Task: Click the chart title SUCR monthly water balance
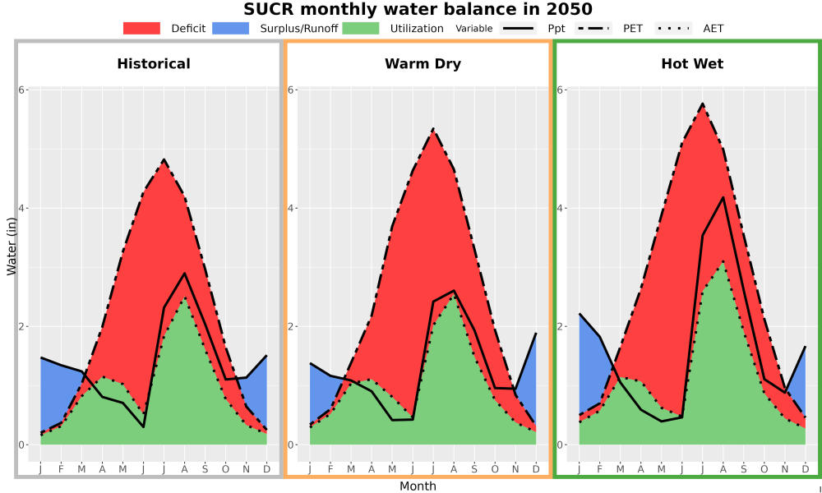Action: coord(418,9)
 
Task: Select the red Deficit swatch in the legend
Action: coord(141,28)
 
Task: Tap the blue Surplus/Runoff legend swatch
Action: coord(231,28)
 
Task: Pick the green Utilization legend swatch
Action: coord(361,28)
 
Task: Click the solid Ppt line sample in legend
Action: coord(518,28)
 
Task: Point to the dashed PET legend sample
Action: coord(593,28)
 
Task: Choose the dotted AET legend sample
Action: coord(674,28)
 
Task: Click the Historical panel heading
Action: coord(154,64)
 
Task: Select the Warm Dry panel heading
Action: coord(423,64)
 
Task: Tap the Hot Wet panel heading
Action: coord(692,64)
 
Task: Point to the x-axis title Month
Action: coord(418,486)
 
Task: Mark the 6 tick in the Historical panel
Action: coord(22,90)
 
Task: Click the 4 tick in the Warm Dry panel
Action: coord(292,208)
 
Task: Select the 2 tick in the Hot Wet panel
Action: coord(561,326)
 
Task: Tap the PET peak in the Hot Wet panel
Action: coord(703,104)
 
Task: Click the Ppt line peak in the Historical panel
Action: coord(184,273)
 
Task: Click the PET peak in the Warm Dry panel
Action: coord(433,128)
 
